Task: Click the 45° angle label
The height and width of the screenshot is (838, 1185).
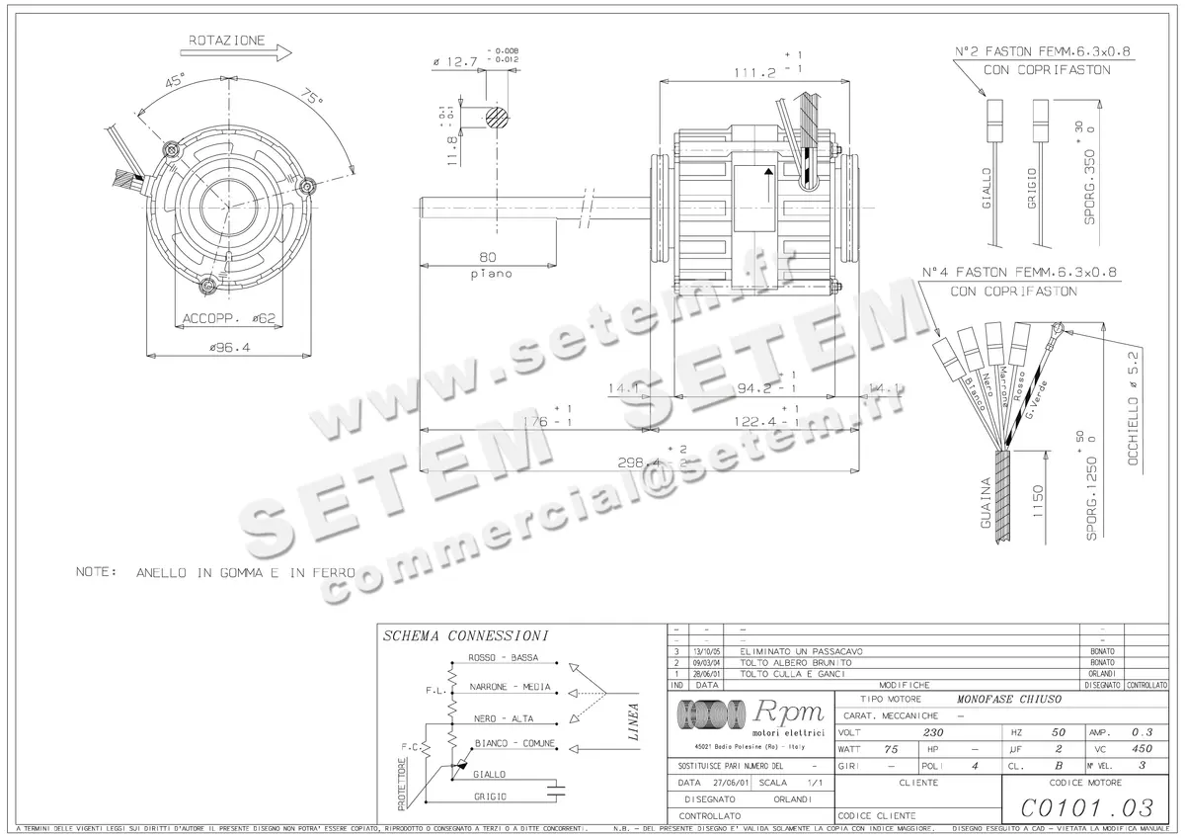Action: click(177, 83)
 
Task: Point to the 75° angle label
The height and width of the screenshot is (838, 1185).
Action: click(312, 99)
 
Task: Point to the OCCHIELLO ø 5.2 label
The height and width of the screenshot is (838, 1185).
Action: click(1134, 397)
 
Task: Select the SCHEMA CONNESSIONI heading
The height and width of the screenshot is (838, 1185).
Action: click(465, 636)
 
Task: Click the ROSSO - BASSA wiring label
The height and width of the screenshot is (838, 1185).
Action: click(504, 658)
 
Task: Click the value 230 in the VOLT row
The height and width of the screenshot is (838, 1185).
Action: click(933, 732)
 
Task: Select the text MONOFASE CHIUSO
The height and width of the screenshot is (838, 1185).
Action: click(1009, 699)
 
